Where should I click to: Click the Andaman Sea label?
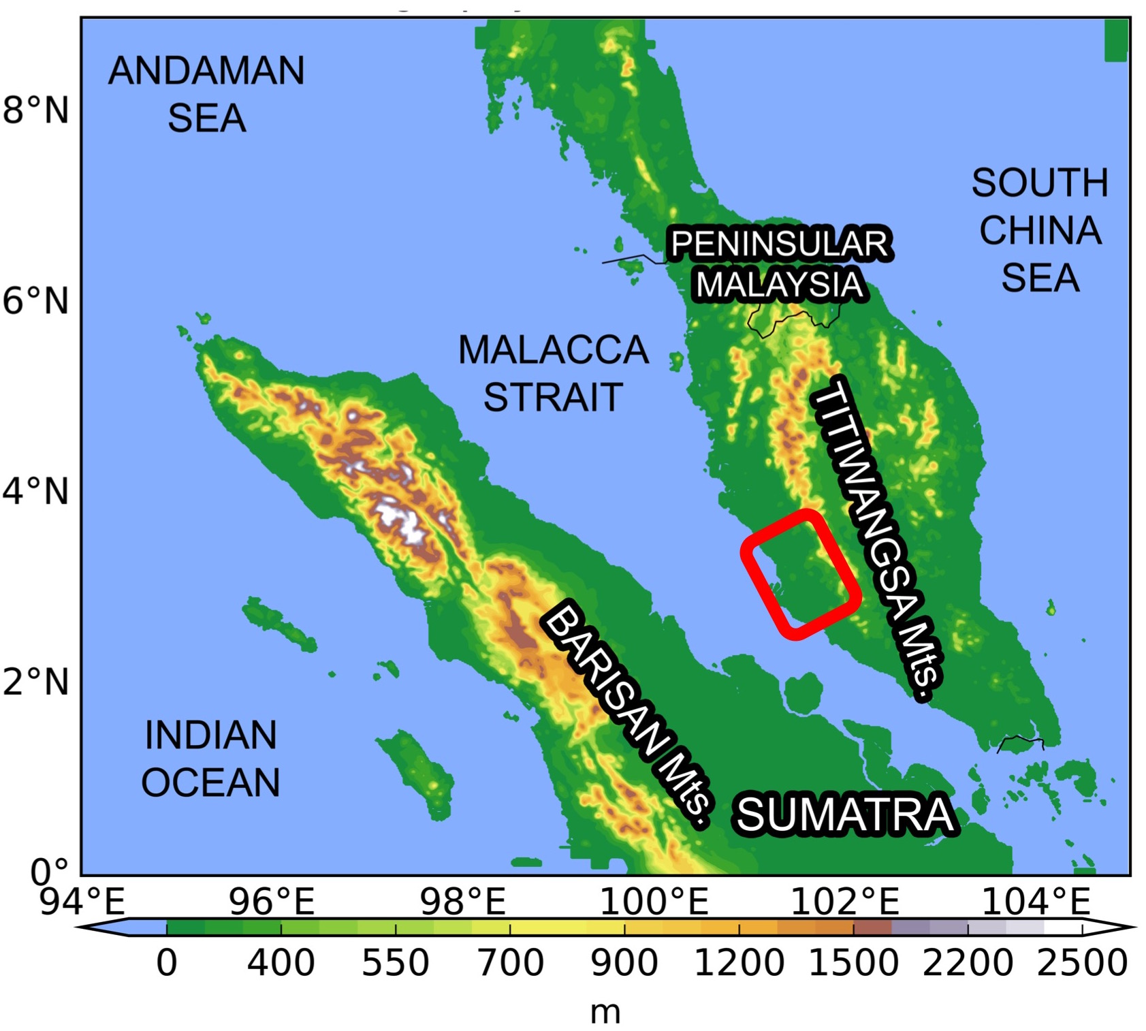[x=206, y=94]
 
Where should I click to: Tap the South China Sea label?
[x=1040, y=230]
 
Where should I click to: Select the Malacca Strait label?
[x=553, y=373]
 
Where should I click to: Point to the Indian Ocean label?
[x=210, y=758]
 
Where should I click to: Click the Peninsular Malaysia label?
[x=780, y=264]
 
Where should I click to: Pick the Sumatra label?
[x=845, y=814]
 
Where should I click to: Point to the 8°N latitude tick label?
[x=36, y=110]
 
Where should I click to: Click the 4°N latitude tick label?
[x=36, y=491]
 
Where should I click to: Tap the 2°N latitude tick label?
[x=36, y=682]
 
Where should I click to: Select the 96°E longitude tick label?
[x=272, y=902]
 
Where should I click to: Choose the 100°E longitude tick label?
[x=654, y=902]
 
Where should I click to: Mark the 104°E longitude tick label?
[x=1036, y=902]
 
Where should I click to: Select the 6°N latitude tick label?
[x=36, y=300]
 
